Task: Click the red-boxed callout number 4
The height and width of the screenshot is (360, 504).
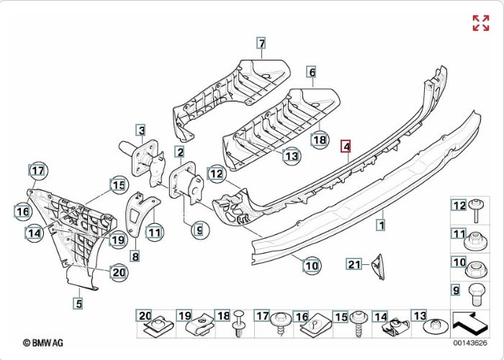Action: tap(346, 147)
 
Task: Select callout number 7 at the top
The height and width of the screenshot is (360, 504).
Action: tap(261, 43)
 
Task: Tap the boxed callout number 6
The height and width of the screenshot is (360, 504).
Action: tap(312, 72)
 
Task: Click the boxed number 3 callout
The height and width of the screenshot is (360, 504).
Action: tap(142, 130)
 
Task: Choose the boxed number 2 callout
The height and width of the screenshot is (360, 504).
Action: tap(179, 152)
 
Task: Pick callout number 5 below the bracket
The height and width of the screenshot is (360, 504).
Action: tap(78, 304)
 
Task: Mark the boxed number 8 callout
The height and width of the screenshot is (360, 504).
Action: tap(135, 256)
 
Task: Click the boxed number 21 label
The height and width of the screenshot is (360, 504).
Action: tap(353, 264)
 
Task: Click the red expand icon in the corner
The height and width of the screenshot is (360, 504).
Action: tap(480, 22)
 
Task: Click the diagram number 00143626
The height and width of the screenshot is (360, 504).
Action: tap(469, 343)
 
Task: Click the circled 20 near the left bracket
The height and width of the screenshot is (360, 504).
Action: tap(118, 271)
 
